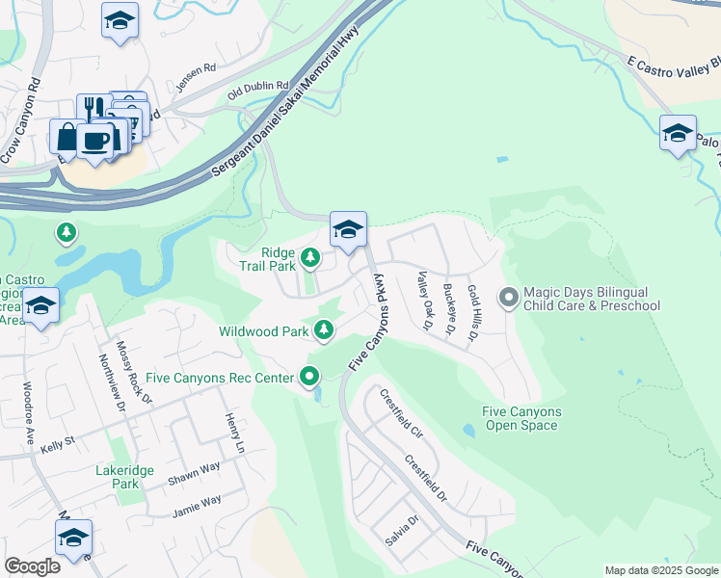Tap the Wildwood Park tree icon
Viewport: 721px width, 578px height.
click(x=325, y=331)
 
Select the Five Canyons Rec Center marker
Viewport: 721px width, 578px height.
click(x=309, y=377)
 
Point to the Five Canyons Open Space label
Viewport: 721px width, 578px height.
click(x=521, y=418)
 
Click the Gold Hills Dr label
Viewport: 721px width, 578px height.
click(x=473, y=312)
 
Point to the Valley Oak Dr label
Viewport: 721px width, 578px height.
click(x=422, y=300)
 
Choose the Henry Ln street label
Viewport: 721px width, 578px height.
click(x=232, y=434)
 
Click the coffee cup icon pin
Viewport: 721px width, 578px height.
click(x=94, y=141)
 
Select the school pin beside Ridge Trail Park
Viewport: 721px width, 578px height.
click(x=348, y=229)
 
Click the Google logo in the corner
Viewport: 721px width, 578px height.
click(x=33, y=566)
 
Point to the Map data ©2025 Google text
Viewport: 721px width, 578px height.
click(x=660, y=570)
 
